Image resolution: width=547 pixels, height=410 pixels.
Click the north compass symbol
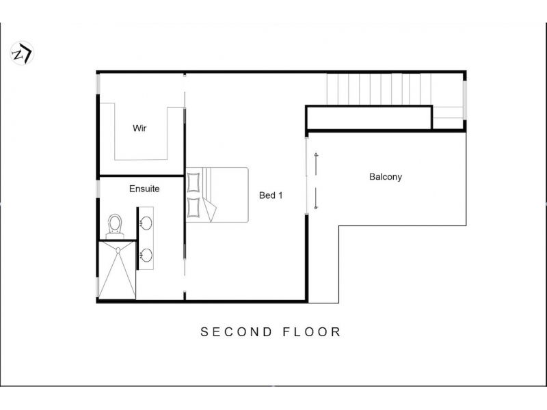[22, 53]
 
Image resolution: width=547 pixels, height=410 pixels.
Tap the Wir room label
[139, 128]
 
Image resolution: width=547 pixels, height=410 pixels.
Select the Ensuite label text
[144, 189]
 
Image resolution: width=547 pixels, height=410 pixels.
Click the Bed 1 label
[271, 195]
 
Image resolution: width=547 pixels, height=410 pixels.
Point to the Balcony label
[386, 177]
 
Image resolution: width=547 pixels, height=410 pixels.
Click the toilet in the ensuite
[115, 226]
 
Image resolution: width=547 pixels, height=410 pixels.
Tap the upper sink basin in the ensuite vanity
[146, 223]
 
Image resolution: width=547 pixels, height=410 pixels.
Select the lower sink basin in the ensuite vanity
[146, 255]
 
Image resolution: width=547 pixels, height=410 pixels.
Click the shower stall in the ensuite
[117, 270]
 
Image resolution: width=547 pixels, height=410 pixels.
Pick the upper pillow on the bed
[194, 182]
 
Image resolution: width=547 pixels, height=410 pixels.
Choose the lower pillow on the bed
[194, 208]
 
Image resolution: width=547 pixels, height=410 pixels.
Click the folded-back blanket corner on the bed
[210, 210]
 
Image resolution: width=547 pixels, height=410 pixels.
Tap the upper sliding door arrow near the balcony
[316, 163]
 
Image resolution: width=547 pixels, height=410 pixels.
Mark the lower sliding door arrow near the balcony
[316, 198]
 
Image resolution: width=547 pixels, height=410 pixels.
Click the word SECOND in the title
[236, 332]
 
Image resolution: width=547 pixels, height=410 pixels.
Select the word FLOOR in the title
[312, 332]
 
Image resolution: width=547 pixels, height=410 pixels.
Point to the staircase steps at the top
[379, 89]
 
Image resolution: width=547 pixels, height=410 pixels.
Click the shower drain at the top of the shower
[118, 250]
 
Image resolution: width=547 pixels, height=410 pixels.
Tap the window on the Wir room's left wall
[98, 83]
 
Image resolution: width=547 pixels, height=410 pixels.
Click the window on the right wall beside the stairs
[465, 100]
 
